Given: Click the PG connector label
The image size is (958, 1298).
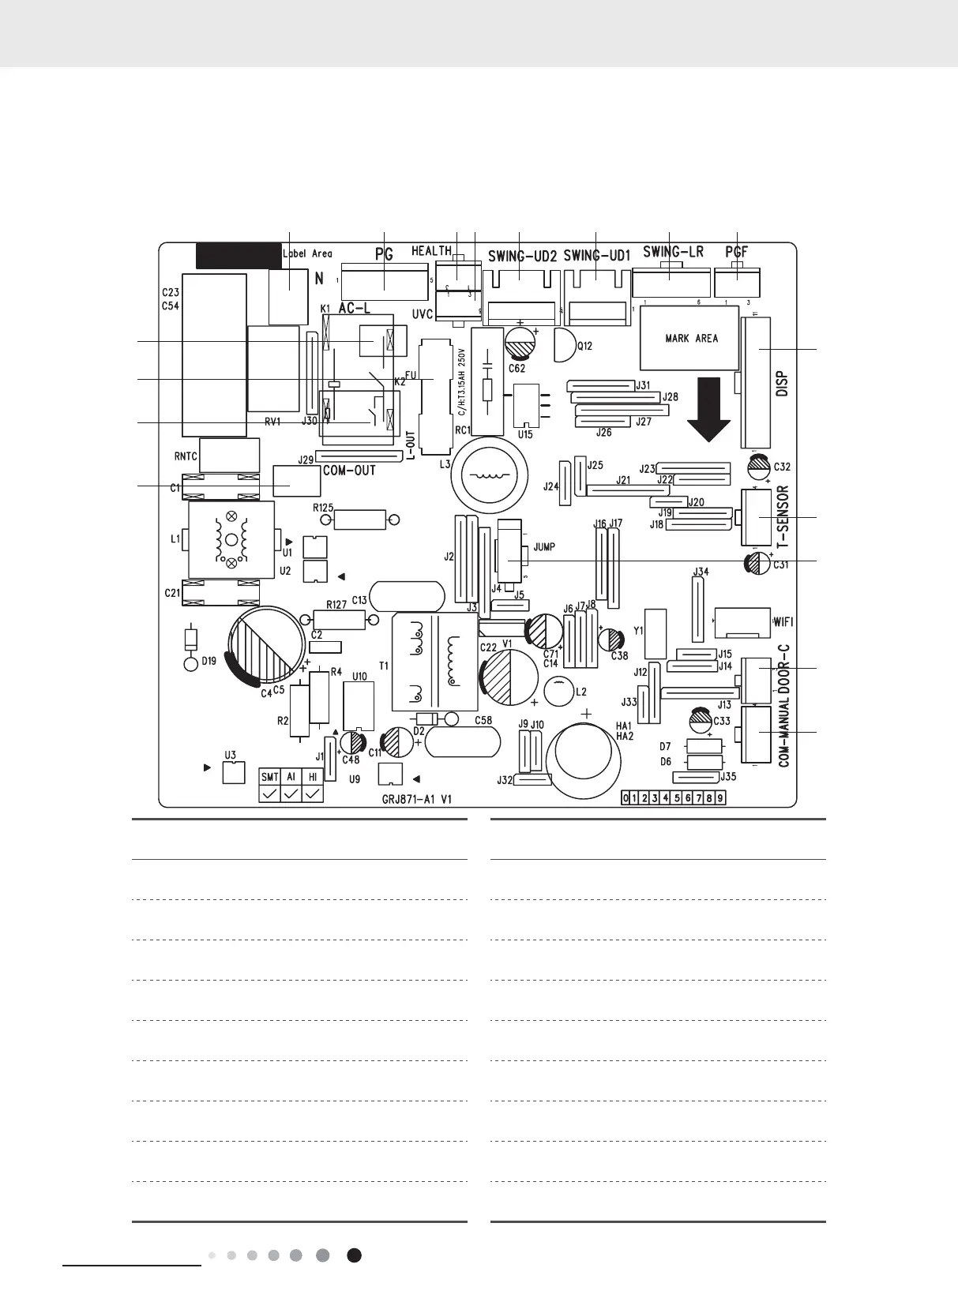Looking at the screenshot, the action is [x=384, y=255].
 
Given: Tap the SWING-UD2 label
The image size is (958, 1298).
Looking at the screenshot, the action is [x=522, y=256].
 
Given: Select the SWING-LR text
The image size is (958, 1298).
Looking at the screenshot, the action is [x=673, y=252].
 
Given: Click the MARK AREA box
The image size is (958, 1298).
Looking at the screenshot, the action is [x=691, y=338].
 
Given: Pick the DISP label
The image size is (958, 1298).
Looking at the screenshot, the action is [x=783, y=385].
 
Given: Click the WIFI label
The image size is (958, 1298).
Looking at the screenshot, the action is [x=783, y=621].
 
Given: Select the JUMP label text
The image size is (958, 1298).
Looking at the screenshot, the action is [x=544, y=546].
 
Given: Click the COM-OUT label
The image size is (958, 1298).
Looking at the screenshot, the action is [x=349, y=470].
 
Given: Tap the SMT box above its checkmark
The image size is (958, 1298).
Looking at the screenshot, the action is [x=269, y=777].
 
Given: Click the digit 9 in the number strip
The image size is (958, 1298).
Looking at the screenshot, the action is [x=719, y=798].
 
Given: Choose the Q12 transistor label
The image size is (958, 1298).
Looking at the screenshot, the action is [x=584, y=346].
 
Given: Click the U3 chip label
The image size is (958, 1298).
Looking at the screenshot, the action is [x=230, y=756].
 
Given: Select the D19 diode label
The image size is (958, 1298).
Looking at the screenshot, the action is [x=209, y=662].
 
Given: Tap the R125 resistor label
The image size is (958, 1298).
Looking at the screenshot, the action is [x=323, y=508].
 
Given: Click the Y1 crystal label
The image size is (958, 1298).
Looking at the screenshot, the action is [x=639, y=631].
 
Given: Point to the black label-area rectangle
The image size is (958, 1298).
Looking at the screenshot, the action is [x=237, y=255].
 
